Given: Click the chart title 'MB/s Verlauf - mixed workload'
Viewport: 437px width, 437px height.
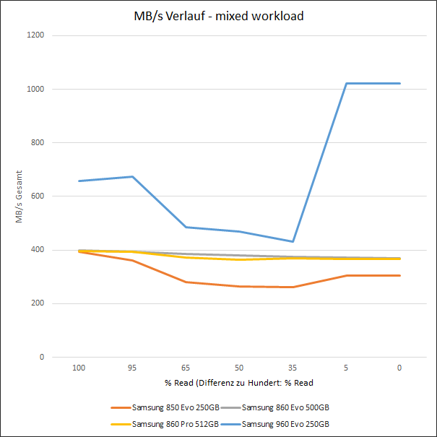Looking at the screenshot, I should point(218,16).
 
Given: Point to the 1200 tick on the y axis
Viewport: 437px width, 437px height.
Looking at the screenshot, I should point(35,35).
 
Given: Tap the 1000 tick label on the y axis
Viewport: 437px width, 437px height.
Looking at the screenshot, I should point(35,89).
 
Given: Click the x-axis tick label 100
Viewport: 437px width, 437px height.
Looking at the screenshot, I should point(79,368).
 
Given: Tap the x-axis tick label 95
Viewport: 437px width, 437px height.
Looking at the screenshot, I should point(132,368).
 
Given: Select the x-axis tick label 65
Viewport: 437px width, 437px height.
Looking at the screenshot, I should point(186,368).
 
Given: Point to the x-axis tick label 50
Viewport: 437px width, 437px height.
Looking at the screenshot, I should point(239,368).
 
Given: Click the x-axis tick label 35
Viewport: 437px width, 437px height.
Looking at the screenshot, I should point(293,368).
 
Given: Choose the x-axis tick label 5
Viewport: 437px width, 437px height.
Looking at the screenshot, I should point(346,368).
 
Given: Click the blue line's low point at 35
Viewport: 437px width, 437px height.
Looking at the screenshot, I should point(293,241).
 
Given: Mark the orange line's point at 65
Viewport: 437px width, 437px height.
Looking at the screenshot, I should point(186,282).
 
